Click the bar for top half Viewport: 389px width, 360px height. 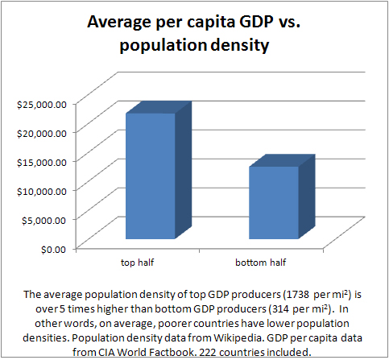[x=148, y=176]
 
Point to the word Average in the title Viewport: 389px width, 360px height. [x=121, y=24]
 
